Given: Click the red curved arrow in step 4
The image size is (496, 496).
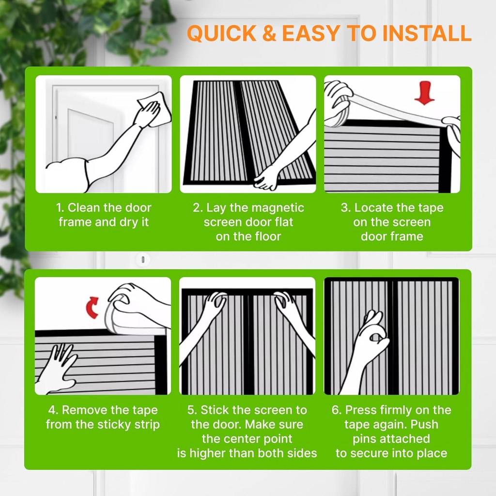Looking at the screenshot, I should [93, 307].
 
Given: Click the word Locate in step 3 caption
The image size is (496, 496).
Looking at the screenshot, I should [373, 208].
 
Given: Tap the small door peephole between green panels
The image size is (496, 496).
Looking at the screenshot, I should [142, 260].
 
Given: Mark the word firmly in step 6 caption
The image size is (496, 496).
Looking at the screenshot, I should [390, 410].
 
